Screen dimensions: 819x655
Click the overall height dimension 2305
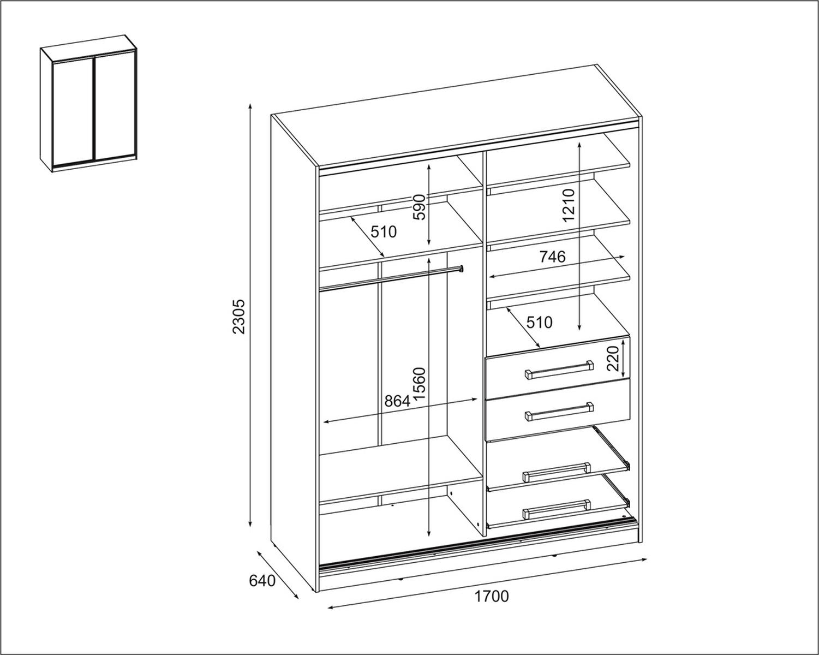(x=240, y=317)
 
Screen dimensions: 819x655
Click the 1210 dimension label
(x=568, y=205)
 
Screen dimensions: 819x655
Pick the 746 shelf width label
(x=553, y=257)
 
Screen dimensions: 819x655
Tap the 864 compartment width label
(x=397, y=401)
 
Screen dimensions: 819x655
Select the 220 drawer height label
(x=613, y=359)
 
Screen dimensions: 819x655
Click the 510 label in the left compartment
(x=384, y=231)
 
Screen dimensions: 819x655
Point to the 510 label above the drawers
(x=539, y=323)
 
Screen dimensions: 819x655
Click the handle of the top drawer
(x=559, y=370)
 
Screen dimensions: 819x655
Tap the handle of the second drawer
(x=559, y=412)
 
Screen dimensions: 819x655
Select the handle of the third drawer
(x=557, y=473)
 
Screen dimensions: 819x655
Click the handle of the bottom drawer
(x=557, y=509)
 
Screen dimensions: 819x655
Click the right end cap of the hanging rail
(x=461, y=269)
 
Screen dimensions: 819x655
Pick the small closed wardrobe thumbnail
(x=89, y=104)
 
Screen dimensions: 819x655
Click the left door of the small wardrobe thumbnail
(x=73, y=112)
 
